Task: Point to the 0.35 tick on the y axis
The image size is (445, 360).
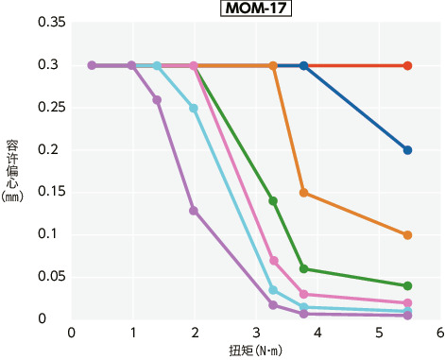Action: click(x=47, y=22)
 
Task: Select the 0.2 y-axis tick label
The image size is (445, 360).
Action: click(x=51, y=149)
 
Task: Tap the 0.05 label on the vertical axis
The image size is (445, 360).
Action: click(x=47, y=277)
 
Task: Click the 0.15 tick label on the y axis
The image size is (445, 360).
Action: click(x=47, y=192)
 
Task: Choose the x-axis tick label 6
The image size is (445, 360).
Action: click(x=440, y=334)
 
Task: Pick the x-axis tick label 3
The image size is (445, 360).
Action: click(x=256, y=334)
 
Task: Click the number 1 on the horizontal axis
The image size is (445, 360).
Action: click(x=132, y=334)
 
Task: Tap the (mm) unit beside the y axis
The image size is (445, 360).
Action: click(x=11, y=198)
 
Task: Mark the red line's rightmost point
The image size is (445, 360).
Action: click(x=407, y=65)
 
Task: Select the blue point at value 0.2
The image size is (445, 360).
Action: click(x=407, y=150)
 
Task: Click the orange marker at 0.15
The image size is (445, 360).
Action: click(x=303, y=193)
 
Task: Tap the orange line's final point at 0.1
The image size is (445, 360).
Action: click(x=407, y=235)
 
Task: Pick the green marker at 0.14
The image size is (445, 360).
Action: click(x=273, y=201)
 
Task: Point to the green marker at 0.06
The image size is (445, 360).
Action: click(x=303, y=268)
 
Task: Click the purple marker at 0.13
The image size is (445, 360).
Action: click(x=194, y=210)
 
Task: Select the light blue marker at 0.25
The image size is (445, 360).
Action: click(x=194, y=108)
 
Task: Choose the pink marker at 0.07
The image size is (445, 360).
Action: click(x=273, y=260)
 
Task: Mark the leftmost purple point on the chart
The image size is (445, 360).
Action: click(x=92, y=65)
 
